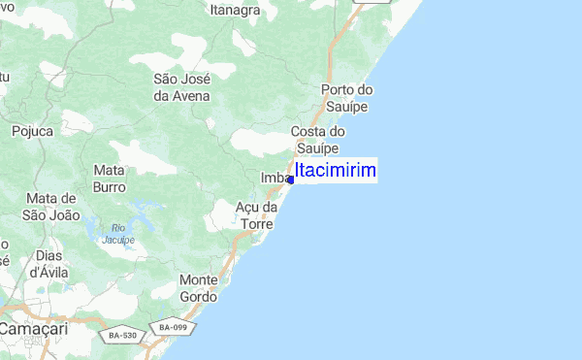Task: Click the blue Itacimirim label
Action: pyautogui.click(x=336, y=171)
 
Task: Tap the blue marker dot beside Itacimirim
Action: pyautogui.click(x=291, y=180)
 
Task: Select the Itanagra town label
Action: pyautogui.click(x=235, y=11)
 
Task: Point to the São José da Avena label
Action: pyautogui.click(x=182, y=87)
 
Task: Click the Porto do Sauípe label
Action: pyautogui.click(x=346, y=99)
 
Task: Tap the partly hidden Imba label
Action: pyautogui.click(x=274, y=178)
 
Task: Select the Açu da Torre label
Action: pyautogui.click(x=258, y=215)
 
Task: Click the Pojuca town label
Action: pyautogui.click(x=33, y=129)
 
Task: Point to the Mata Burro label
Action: pyautogui.click(x=110, y=178)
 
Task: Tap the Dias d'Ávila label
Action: pyautogui.click(x=49, y=264)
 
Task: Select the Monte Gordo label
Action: pyautogui.click(x=199, y=288)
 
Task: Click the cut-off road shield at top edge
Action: pyautogui.click(x=370, y=2)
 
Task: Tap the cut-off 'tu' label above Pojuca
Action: pyautogui.click(x=4, y=76)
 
